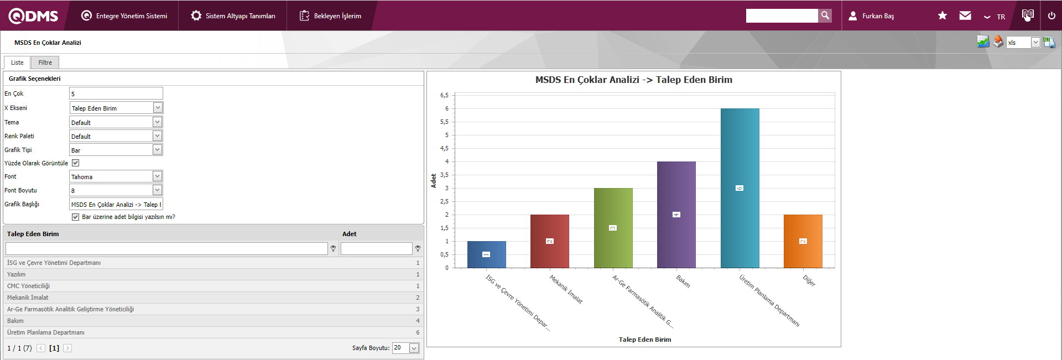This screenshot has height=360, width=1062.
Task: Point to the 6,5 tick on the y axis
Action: click(444, 95)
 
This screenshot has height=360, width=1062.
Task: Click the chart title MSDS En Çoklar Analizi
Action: click(633, 80)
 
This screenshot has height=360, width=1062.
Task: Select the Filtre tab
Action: click(45, 62)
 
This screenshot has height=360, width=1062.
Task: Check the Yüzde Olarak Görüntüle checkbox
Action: click(76, 163)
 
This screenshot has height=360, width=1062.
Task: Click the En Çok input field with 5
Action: click(116, 93)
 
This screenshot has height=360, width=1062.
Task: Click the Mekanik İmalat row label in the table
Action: click(28, 298)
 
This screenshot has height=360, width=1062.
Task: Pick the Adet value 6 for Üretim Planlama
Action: click(418, 332)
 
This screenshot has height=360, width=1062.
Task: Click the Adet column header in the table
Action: click(349, 234)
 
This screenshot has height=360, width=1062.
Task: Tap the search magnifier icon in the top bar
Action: click(825, 15)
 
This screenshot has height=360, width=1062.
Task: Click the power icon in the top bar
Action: click(1051, 15)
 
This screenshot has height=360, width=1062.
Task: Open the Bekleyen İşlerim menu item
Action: click(330, 16)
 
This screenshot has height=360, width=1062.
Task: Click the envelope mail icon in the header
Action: click(965, 15)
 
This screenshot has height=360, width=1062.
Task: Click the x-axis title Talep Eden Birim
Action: click(644, 340)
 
